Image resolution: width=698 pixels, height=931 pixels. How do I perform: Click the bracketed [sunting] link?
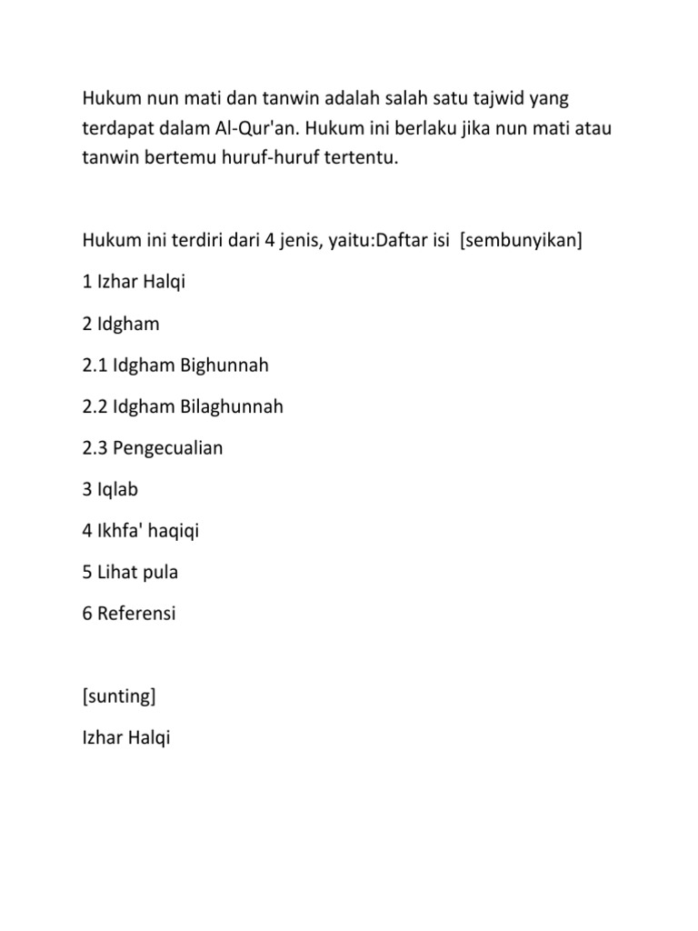point(118,696)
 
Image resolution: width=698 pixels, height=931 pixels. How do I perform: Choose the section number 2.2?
point(95,406)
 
